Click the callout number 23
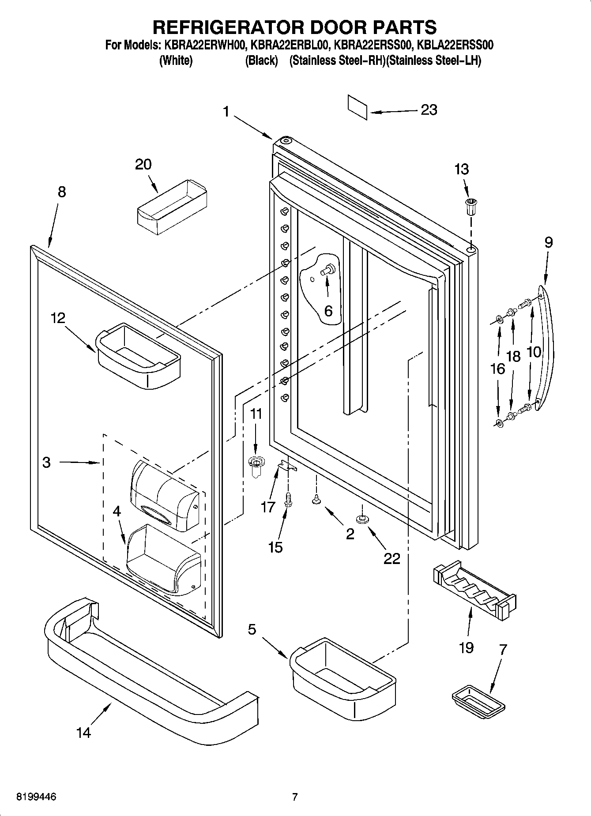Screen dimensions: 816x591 (429, 109)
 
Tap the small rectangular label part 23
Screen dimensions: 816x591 (357, 107)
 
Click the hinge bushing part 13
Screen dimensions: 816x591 (471, 206)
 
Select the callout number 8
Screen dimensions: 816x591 (61, 192)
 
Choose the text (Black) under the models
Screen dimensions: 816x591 (261, 60)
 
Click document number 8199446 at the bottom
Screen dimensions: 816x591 (36, 797)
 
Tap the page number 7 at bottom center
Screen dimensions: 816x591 (295, 797)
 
